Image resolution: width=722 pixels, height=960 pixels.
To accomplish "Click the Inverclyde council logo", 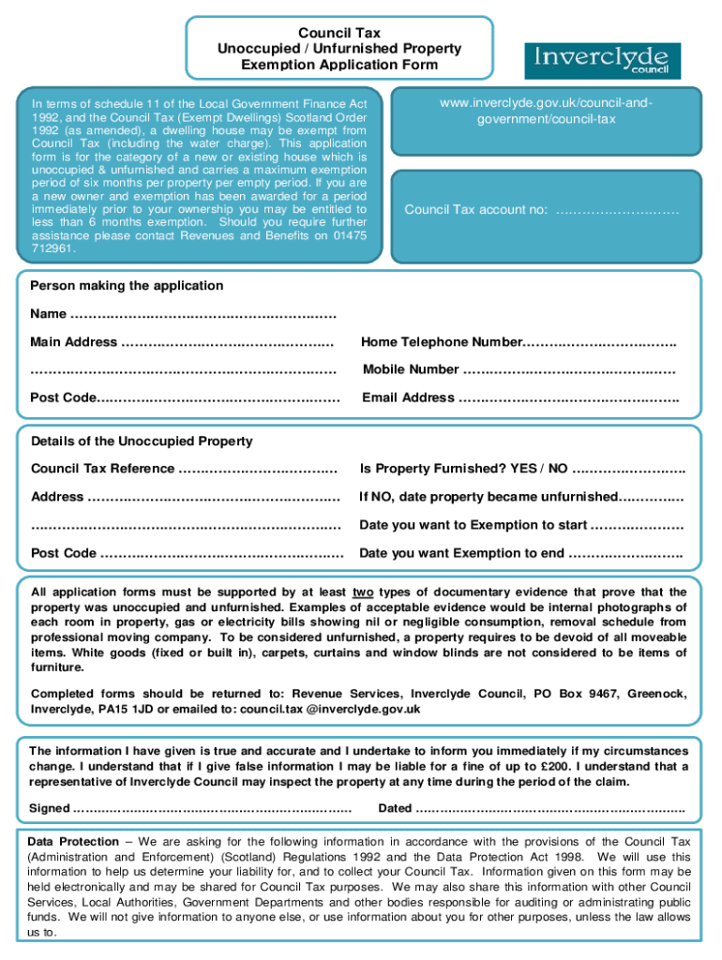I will [602, 60].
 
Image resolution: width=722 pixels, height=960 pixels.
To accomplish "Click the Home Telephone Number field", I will [600, 342].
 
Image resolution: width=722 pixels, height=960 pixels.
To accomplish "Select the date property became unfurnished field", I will [652, 497].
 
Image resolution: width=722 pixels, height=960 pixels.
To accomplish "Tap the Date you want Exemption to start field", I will [637, 525].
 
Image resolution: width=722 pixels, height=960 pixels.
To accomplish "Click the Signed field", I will [212, 808].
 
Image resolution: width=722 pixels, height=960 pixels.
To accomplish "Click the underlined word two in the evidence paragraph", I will [363, 592].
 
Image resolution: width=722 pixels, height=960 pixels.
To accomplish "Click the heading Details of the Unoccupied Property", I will [142, 441].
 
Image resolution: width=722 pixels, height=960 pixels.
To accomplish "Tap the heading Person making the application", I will [127, 285].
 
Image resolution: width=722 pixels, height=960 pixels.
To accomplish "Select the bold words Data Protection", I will [73, 841].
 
